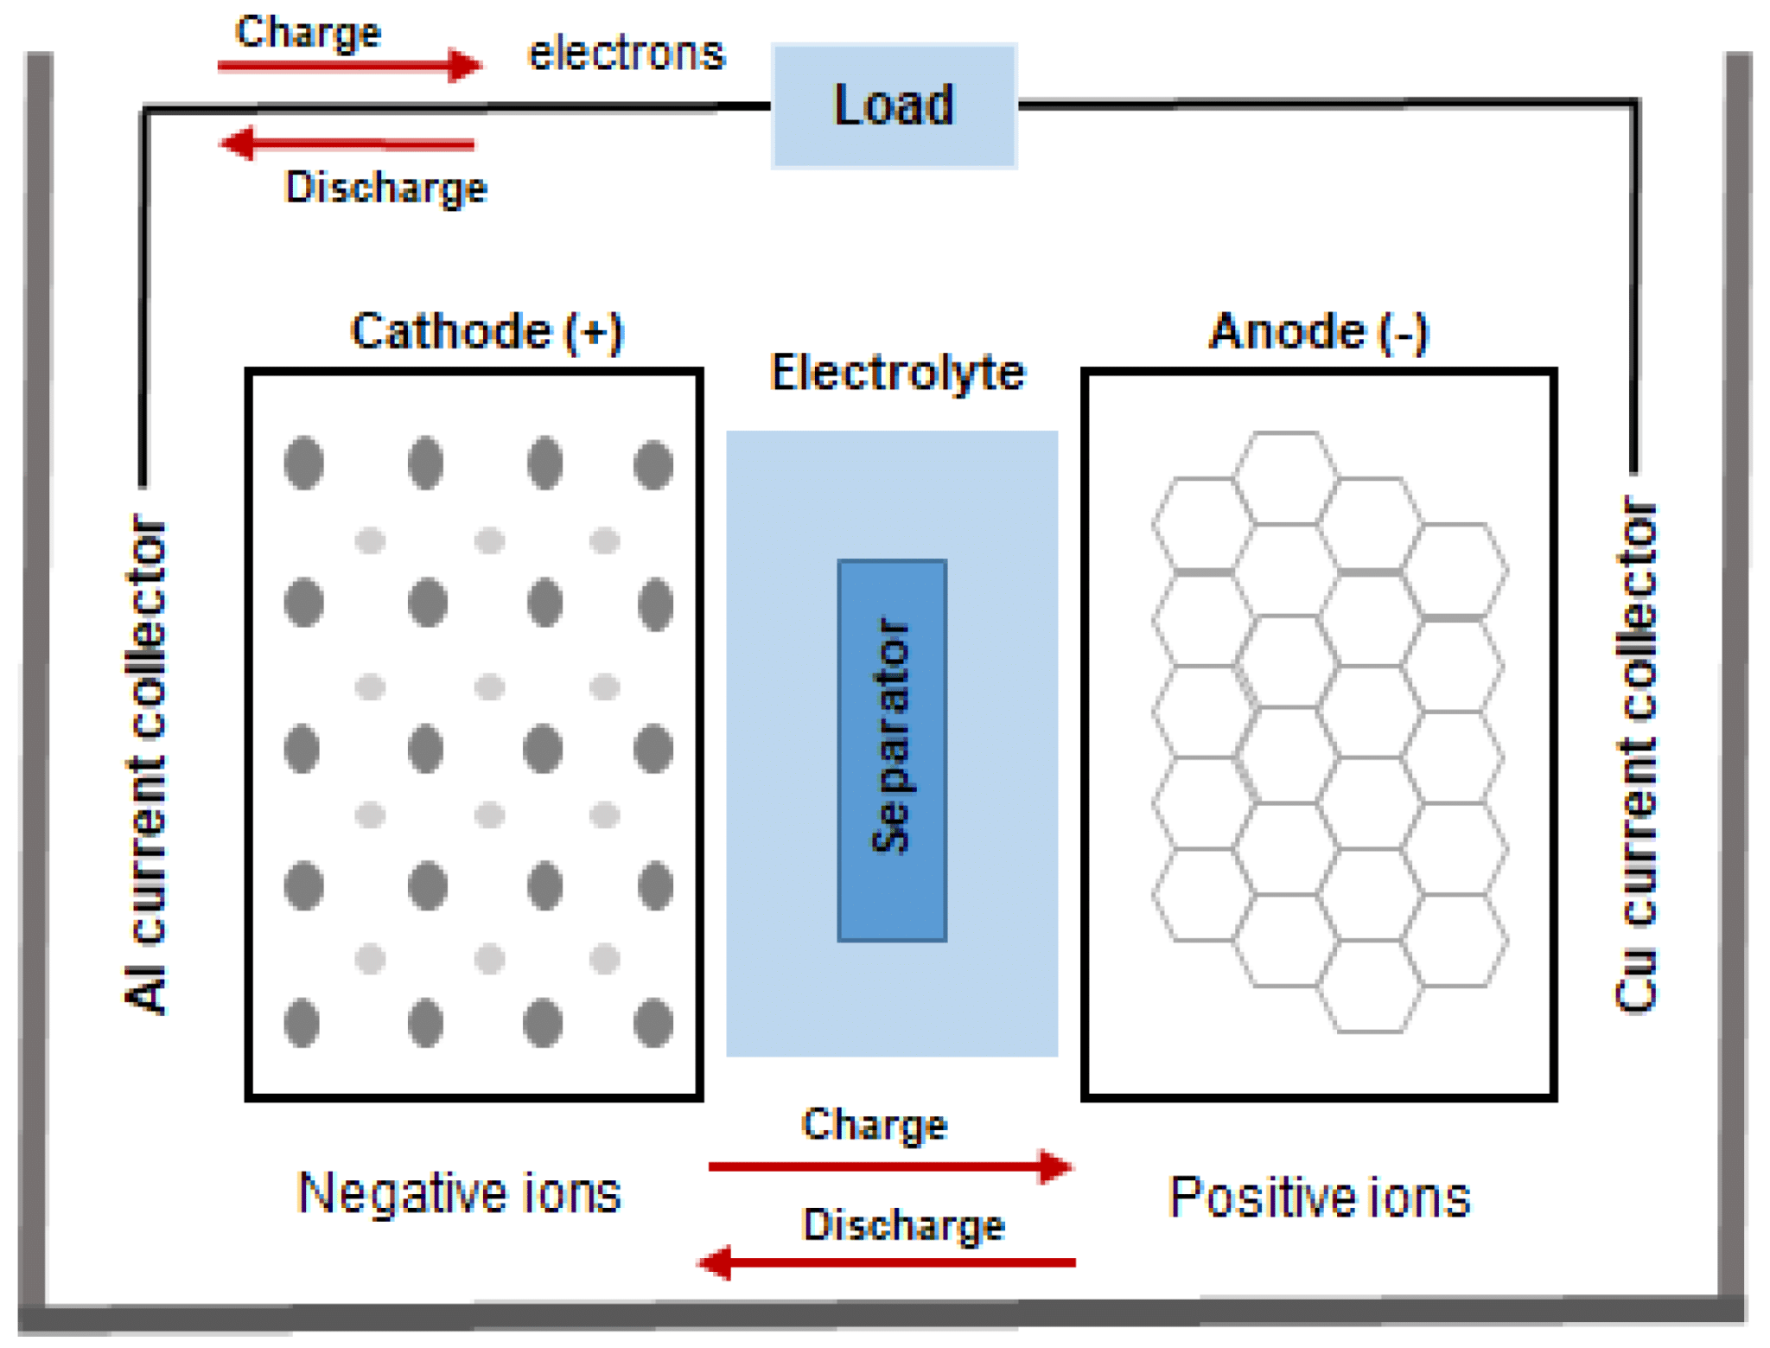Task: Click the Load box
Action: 893,105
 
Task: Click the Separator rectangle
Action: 891,750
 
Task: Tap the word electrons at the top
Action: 626,54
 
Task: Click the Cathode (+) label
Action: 486,331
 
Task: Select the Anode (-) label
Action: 1317,331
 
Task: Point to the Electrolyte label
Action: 896,373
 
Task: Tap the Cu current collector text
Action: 1635,752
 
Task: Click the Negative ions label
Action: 458,1193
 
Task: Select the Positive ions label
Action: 1318,1198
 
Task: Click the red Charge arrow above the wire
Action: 349,65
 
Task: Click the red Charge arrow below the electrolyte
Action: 890,1166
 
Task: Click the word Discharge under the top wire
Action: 385,188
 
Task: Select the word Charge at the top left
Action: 308,33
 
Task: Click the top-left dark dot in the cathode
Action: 303,463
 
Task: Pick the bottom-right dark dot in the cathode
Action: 653,1023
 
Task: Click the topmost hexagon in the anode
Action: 1286,478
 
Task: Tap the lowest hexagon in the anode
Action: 1370,986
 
